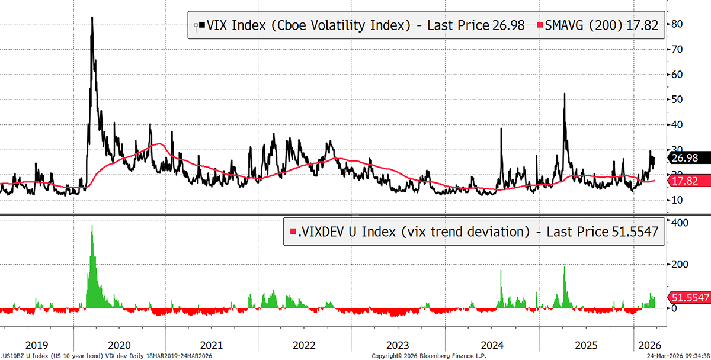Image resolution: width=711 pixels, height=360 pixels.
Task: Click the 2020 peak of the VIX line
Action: point(92,18)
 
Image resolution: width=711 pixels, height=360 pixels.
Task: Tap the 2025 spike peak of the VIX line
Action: point(564,94)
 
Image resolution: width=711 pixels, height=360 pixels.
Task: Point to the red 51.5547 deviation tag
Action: point(689,298)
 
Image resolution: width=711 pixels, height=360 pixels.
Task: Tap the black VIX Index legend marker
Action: point(202,25)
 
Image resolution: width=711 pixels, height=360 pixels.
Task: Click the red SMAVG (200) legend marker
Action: point(539,25)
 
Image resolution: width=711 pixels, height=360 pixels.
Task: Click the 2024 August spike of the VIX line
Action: point(501,130)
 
